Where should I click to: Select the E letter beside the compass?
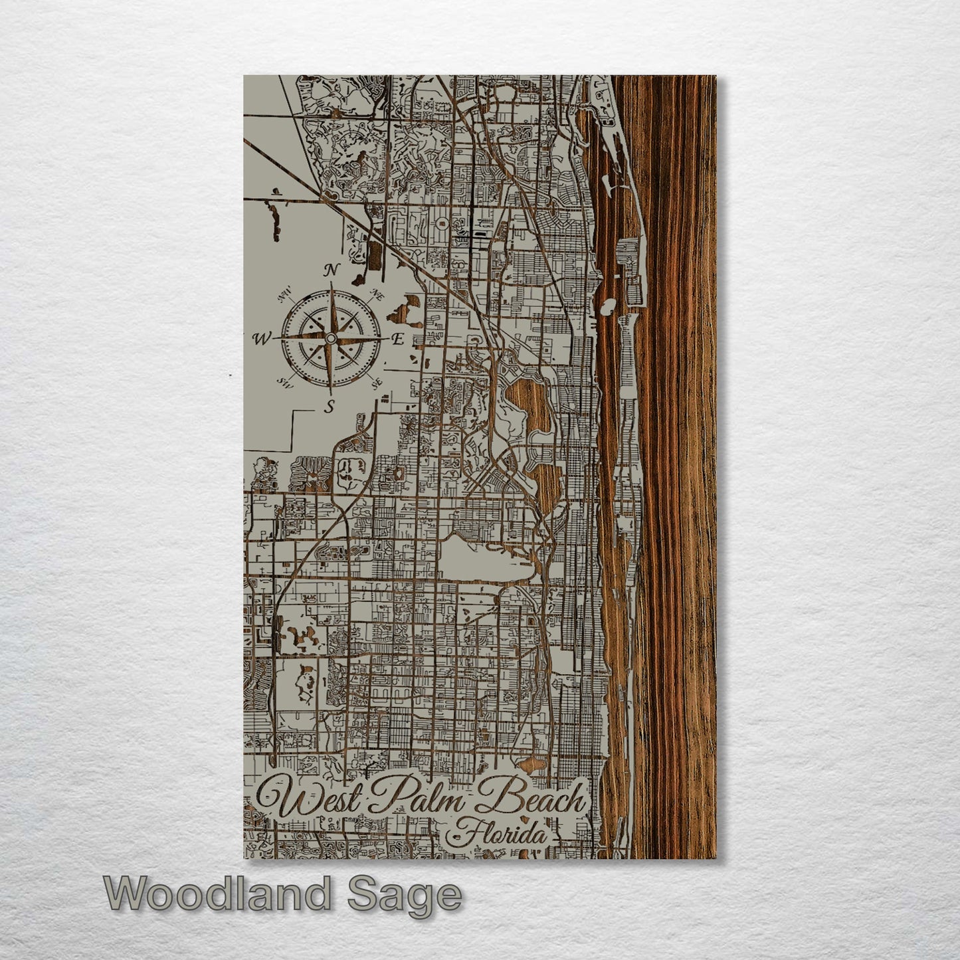(397, 339)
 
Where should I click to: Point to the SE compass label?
(376, 383)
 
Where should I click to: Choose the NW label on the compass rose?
(287, 292)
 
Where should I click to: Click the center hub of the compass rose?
(330, 339)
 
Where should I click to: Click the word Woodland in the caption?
(216, 894)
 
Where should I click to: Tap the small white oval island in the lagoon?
(607, 307)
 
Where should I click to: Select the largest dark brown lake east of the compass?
(529, 405)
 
